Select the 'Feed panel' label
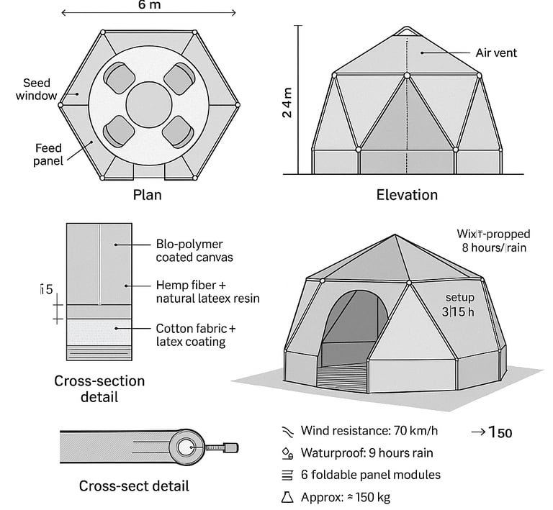tap(48, 154)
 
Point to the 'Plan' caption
tap(147, 195)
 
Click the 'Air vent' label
tap(496, 53)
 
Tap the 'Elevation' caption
tap(407, 195)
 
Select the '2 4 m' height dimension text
tap(287, 101)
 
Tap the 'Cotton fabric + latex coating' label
tap(195, 334)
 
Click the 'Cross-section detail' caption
tap(99, 388)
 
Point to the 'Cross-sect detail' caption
tap(134, 486)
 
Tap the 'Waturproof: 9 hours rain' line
tap(367, 453)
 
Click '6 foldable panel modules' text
tap(370, 475)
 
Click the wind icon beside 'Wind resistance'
tap(287, 432)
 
